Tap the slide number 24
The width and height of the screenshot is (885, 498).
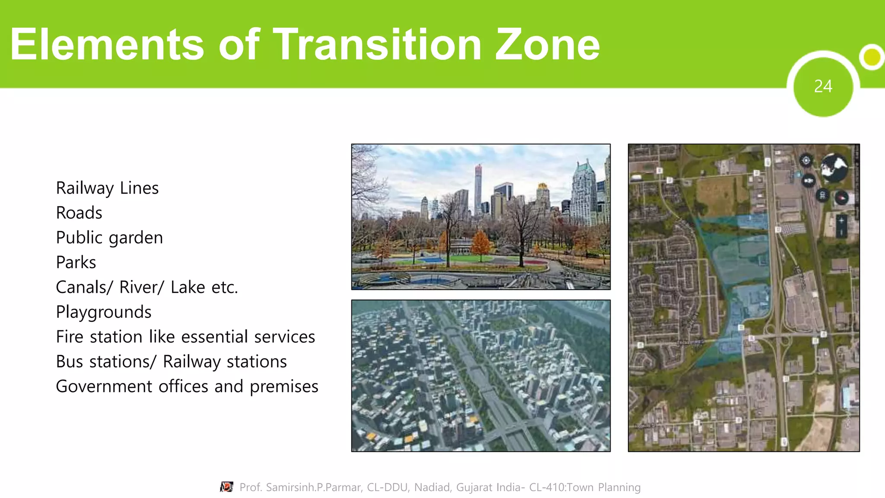(823, 86)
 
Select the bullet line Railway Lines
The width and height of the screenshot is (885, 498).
(107, 188)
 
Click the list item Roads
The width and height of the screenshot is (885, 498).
(79, 213)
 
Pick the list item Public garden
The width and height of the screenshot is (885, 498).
(109, 238)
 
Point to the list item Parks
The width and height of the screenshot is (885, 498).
(76, 262)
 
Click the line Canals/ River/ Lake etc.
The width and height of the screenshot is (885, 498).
(147, 287)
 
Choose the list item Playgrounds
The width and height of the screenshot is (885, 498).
(104, 312)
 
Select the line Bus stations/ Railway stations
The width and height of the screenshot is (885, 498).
(171, 361)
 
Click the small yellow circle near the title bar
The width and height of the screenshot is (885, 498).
(872, 57)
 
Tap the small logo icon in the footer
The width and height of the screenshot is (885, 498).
(226, 487)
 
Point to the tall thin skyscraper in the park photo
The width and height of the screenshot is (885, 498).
(478, 190)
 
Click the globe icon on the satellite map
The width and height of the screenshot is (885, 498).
(834, 167)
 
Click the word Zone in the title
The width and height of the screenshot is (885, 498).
(547, 44)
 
